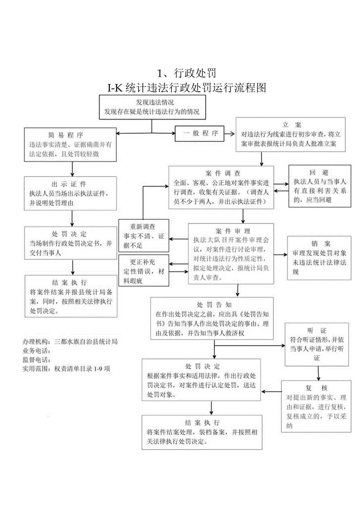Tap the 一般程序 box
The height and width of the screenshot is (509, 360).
click(199, 133)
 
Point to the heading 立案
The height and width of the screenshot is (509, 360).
click(292, 125)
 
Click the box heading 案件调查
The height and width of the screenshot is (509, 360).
click(222, 173)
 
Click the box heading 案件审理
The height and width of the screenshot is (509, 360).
click(233, 231)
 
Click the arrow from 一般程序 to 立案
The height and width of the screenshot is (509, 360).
click(230, 133)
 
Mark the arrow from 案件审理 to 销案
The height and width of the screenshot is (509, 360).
click(280, 255)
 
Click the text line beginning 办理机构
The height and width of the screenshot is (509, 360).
click(70, 342)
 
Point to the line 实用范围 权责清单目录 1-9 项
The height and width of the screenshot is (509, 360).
click(67, 368)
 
